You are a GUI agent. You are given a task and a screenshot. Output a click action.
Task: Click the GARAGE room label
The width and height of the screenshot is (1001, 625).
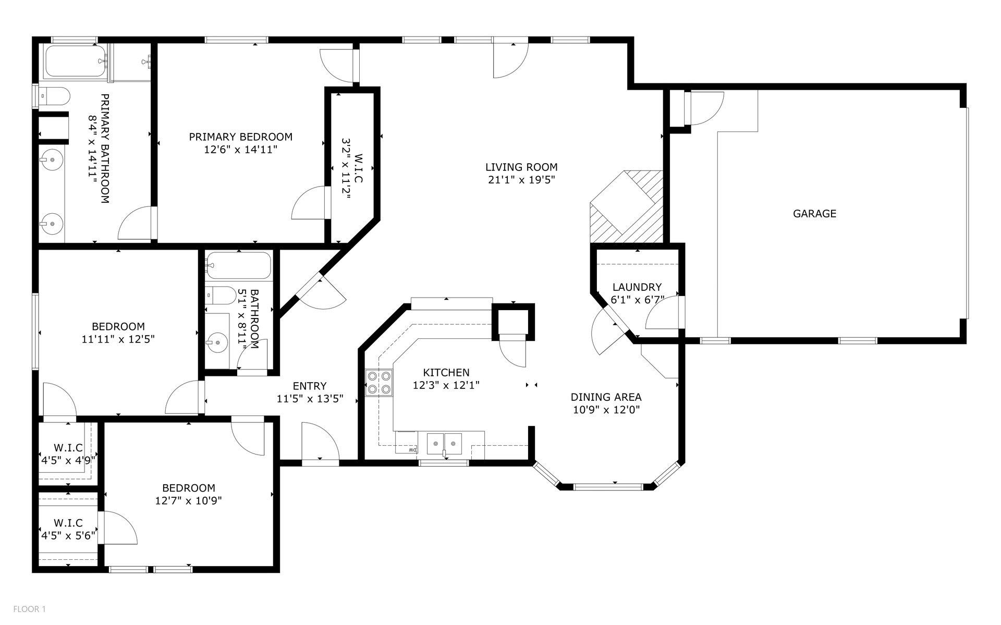pyautogui.click(x=814, y=213)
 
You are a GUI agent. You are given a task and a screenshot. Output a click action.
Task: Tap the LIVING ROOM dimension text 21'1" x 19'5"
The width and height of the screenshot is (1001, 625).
pyautogui.click(x=521, y=180)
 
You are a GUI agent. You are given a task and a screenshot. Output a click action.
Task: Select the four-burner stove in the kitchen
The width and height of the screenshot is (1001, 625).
pyautogui.click(x=379, y=382)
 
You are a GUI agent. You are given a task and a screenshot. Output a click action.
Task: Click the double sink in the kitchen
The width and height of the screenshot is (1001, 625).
pyautogui.click(x=445, y=444)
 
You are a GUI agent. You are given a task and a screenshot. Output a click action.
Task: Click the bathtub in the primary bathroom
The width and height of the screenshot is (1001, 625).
pyautogui.click(x=76, y=62)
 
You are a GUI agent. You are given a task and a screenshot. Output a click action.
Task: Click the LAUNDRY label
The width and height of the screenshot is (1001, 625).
pyautogui.click(x=637, y=287)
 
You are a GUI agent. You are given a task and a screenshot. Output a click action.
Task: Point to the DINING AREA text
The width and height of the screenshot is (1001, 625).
pyautogui.click(x=606, y=397)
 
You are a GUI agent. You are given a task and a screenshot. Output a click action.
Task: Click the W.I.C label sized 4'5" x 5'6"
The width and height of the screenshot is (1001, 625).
pyautogui.click(x=68, y=523)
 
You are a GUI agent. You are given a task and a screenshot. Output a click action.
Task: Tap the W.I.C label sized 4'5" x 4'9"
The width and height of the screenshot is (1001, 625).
pyautogui.click(x=68, y=448)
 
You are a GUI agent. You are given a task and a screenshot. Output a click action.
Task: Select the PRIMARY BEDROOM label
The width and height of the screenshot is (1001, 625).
pyautogui.click(x=240, y=137)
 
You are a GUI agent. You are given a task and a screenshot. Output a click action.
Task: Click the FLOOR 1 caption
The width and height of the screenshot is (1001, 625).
pyautogui.click(x=30, y=609)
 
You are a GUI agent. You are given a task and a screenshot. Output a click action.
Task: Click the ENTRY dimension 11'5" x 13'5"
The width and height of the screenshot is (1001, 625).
pyautogui.click(x=310, y=399)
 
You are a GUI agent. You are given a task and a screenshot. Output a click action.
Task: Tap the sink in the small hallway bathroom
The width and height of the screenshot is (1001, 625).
pyautogui.click(x=216, y=342)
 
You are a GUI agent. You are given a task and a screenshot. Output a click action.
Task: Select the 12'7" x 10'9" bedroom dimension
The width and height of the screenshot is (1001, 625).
pyautogui.click(x=189, y=501)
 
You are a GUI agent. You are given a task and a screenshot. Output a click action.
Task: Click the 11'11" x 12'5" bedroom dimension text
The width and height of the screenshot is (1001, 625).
pyautogui.click(x=118, y=339)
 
